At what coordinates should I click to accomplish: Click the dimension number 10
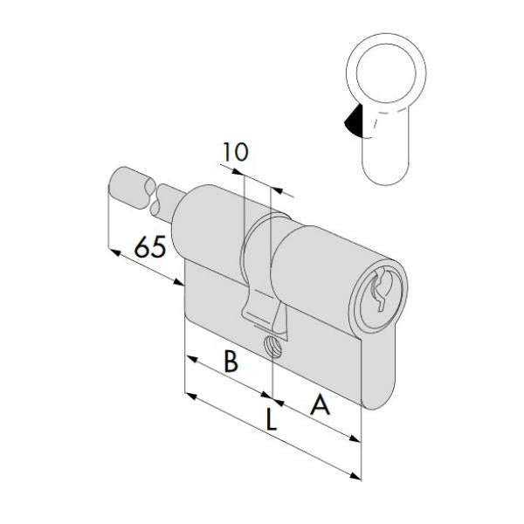[x=234, y=152]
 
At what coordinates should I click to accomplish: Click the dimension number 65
[x=149, y=247]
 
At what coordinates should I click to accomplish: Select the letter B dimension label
[x=230, y=361]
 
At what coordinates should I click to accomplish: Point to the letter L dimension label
[x=272, y=422]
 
